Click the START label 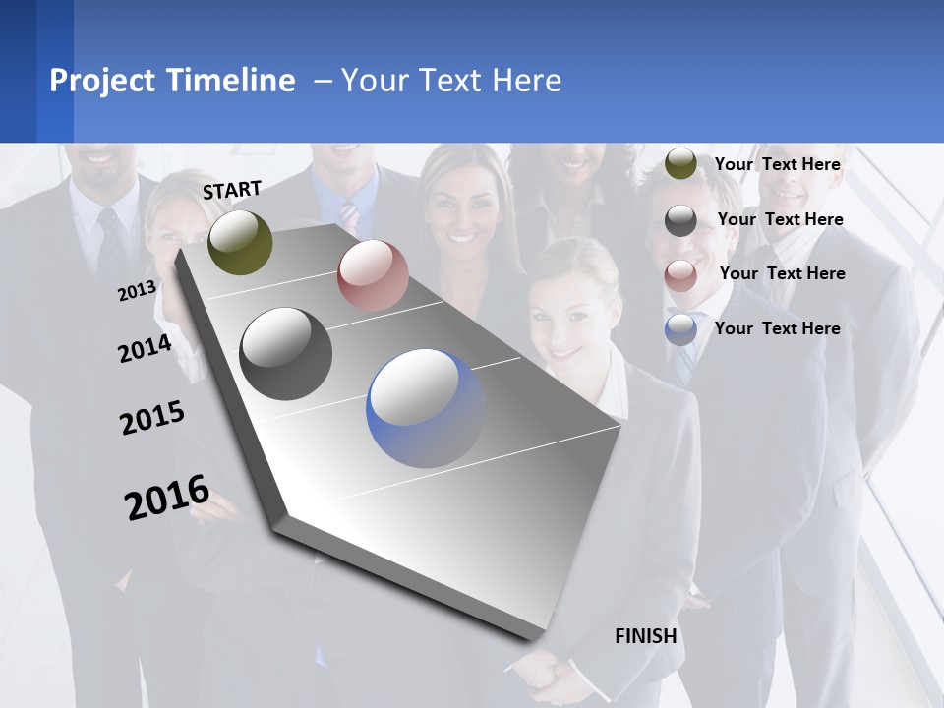click(x=232, y=190)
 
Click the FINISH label click(x=646, y=636)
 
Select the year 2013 click(x=138, y=291)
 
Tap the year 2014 click(x=145, y=348)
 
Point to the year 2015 click(x=152, y=418)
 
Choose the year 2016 click(x=167, y=497)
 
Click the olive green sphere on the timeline click(x=241, y=242)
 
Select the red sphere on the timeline click(x=373, y=275)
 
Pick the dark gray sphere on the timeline click(x=285, y=354)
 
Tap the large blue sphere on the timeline click(x=425, y=408)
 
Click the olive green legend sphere click(x=680, y=164)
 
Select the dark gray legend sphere click(x=680, y=220)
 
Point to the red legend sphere click(x=680, y=274)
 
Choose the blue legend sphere click(x=680, y=329)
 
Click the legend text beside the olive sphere click(x=777, y=164)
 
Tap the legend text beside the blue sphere click(x=777, y=328)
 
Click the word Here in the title click(x=526, y=81)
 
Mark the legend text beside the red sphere click(x=782, y=273)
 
